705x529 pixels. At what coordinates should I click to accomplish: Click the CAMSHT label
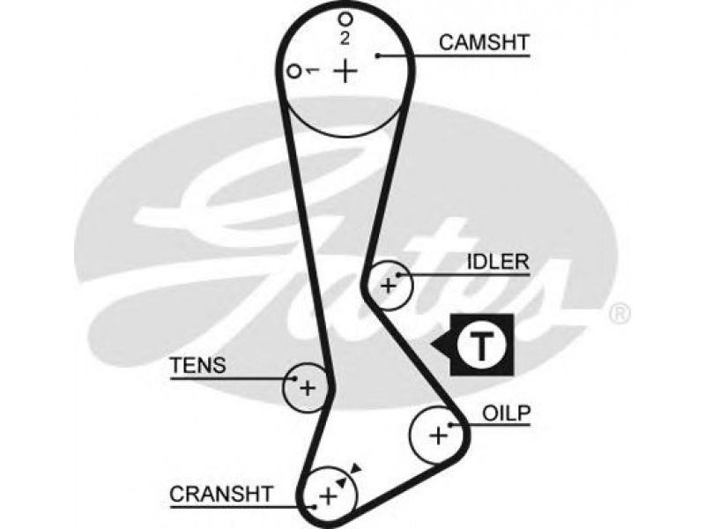(x=484, y=42)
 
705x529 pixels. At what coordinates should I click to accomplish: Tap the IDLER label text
(x=498, y=262)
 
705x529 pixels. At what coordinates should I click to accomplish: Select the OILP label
(x=506, y=413)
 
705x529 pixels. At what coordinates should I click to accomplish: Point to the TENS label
(x=197, y=366)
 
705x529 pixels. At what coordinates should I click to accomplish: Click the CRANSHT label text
(x=221, y=494)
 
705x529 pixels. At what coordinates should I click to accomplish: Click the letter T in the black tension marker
(x=481, y=346)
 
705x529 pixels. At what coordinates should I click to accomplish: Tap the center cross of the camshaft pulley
(x=345, y=71)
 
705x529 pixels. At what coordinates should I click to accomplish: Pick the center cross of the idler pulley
(x=389, y=286)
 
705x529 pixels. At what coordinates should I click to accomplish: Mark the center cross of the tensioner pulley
(x=308, y=388)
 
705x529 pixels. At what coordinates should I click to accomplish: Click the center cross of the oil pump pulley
(x=438, y=436)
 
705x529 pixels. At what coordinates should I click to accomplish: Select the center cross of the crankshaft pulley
(x=328, y=496)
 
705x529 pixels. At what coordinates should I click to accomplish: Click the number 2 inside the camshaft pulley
(x=345, y=38)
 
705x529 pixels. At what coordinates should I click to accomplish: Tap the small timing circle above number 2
(x=345, y=19)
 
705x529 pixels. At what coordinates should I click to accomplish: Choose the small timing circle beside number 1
(x=294, y=71)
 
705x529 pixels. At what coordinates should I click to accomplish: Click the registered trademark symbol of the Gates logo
(x=620, y=313)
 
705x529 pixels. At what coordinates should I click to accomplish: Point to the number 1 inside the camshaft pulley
(x=312, y=71)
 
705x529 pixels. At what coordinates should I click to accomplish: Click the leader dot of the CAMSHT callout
(x=379, y=56)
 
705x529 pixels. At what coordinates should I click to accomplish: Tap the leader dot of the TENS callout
(x=294, y=378)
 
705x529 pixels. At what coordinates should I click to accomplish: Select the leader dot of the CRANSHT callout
(x=315, y=507)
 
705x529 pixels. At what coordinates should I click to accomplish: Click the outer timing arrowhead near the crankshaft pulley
(x=356, y=468)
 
